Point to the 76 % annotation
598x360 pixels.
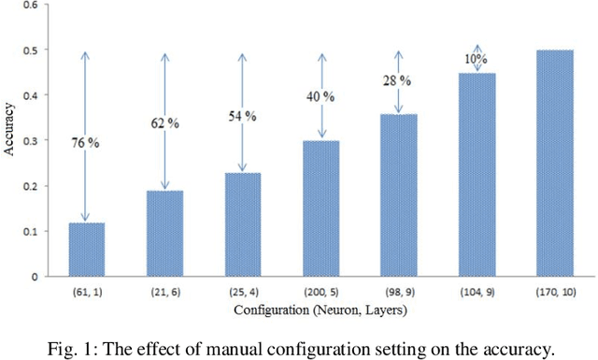(86, 143)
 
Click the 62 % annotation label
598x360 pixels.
(164, 122)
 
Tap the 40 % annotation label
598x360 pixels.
(321, 94)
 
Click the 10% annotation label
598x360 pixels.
(477, 59)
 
